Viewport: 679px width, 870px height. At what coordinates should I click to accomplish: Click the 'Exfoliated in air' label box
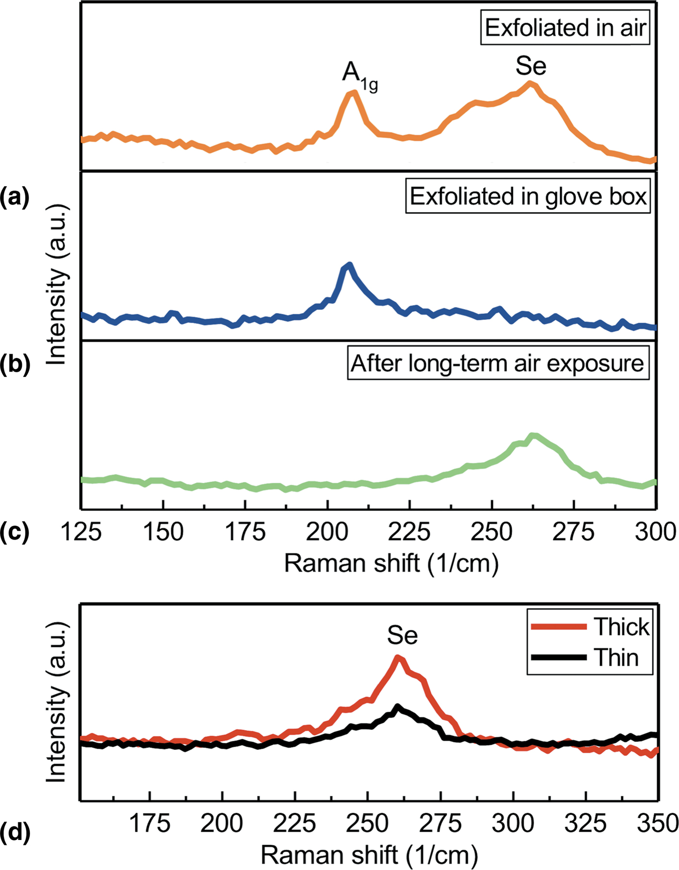click(565, 28)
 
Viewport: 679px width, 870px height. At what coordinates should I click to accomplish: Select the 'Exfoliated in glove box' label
click(528, 197)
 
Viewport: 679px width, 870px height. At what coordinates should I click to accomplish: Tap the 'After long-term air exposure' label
click(498, 363)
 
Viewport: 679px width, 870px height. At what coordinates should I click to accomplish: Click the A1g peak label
click(359, 74)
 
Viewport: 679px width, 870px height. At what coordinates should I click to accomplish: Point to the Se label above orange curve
click(531, 66)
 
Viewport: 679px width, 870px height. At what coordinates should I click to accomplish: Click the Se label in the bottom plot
click(402, 636)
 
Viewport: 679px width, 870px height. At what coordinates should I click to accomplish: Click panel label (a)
click(15, 197)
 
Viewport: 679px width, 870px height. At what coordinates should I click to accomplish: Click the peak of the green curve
click(533, 435)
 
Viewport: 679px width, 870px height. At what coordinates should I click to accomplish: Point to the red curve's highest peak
click(398, 658)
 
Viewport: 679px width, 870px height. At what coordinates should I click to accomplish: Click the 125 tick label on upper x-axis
click(81, 532)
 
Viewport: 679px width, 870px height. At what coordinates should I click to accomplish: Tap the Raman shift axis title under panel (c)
click(391, 563)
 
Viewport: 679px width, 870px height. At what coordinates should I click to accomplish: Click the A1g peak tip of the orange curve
click(353, 92)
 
